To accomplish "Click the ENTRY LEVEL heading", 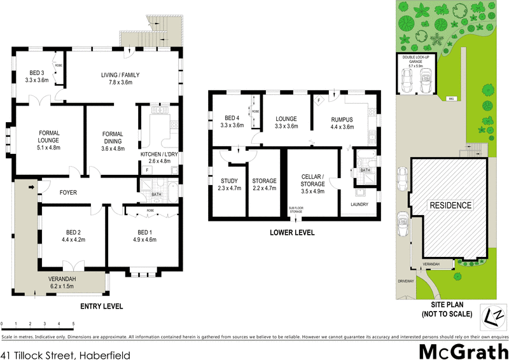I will (x=101, y=307).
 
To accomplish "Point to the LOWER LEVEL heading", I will (x=293, y=233).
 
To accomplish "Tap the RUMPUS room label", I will (x=342, y=119).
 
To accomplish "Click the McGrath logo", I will (x=463, y=351).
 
